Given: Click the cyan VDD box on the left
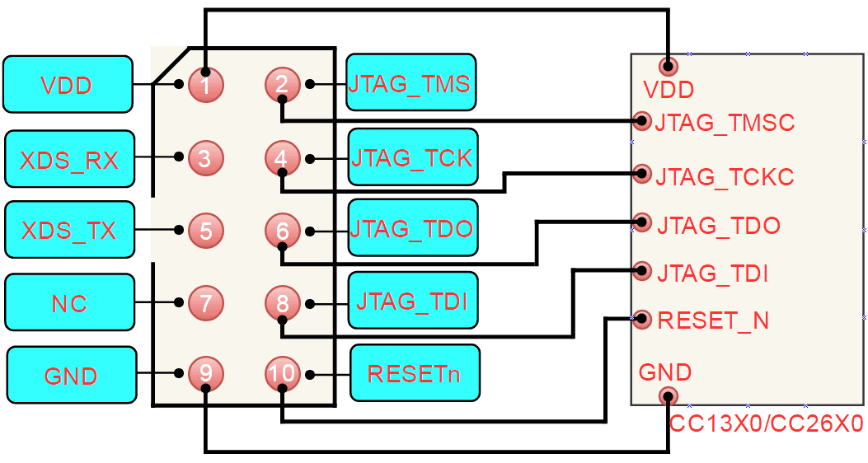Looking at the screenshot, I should pos(68,84).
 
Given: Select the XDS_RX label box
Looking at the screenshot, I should pos(68,158).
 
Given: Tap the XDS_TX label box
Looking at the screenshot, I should pos(68,230).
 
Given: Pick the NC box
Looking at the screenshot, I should pos(69,303).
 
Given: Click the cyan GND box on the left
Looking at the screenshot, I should pos(71,376).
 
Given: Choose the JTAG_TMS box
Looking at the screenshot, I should pos(411,82).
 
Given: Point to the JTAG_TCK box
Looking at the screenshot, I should pos(412,157).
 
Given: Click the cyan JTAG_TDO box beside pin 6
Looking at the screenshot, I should pos(412,228).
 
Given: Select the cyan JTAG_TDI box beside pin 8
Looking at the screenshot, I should pos(412,301).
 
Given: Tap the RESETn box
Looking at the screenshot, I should pos(414,373).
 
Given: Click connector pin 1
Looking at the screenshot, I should pos(205,84).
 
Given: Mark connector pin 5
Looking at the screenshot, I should pos(205,231).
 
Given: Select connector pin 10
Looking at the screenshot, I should pos(282,374).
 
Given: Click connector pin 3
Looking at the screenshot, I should pos(205,157).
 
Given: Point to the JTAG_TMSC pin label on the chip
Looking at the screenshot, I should pos(725,124).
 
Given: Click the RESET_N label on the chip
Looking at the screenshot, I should pos(713,320).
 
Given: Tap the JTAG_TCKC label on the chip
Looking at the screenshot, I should pos(725,177).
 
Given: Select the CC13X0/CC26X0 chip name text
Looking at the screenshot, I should pos(766,425).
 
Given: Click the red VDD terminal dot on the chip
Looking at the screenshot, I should pos(668,66).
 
